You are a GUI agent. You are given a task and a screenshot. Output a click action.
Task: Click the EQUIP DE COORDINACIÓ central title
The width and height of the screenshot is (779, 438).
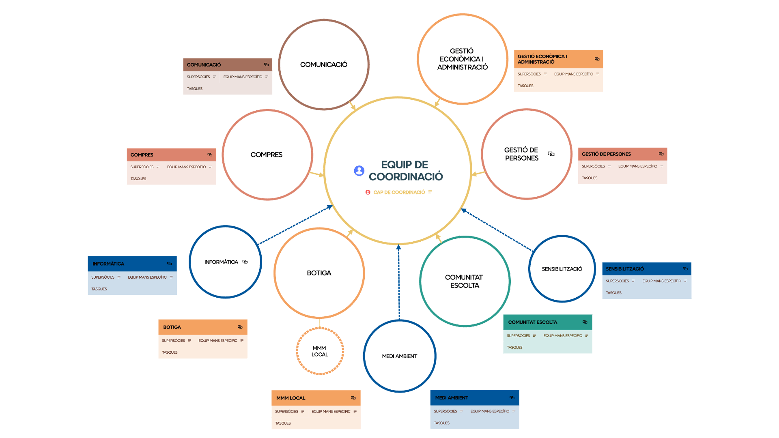coord(405,170)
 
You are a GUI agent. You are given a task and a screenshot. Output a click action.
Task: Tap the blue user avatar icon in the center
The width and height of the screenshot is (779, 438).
coord(359,171)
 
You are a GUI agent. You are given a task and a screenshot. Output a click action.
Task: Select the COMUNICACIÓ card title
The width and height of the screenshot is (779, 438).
coord(204,65)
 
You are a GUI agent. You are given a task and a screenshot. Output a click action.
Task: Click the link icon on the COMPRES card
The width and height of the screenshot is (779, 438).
coord(210,155)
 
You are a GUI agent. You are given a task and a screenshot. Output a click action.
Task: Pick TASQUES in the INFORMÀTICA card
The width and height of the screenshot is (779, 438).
coord(99,289)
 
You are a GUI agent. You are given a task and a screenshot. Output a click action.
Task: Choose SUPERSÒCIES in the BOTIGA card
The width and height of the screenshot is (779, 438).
coord(174,341)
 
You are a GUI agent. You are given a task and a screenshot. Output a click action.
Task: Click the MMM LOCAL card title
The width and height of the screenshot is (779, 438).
coord(291,398)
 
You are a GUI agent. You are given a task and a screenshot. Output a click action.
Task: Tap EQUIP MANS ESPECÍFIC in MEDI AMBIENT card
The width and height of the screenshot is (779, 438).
coord(490,411)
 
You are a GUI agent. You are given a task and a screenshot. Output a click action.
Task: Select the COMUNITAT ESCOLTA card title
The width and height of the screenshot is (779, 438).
coord(533,322)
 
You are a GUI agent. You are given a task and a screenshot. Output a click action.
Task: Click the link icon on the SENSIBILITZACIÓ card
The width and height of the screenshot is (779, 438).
coord(685,268)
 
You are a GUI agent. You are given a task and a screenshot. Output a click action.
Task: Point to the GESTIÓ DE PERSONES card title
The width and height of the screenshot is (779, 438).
coord(606,154)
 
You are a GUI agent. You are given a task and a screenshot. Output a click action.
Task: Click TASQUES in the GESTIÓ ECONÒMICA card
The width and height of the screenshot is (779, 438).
coord(525,86)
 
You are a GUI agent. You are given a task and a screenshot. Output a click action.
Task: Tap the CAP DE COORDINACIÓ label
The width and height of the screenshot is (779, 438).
coord(399,192)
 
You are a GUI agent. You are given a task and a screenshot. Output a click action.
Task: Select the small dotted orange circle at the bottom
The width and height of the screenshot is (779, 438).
coord(320,351)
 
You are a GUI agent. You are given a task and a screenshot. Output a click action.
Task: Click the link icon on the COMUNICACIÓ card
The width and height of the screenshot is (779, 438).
coord(266,64)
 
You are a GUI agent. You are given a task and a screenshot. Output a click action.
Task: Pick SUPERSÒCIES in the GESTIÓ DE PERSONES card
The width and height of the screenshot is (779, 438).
coord(593,166)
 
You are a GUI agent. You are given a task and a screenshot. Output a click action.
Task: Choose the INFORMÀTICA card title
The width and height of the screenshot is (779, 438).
coord(108,264)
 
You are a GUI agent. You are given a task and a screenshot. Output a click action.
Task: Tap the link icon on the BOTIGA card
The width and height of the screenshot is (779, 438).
coord(240,327)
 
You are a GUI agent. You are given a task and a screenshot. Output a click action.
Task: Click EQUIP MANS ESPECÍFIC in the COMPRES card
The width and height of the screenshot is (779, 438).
coord(186,167)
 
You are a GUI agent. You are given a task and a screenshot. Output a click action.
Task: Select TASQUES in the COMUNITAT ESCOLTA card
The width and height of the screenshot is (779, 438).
coord(514,348)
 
